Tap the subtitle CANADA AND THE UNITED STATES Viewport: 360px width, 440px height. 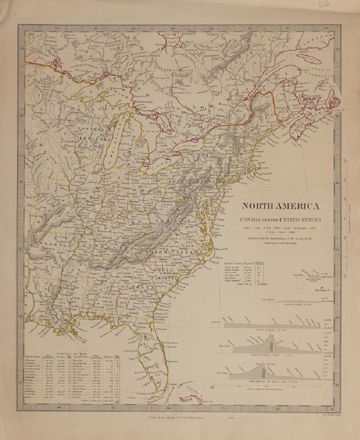click(280, 219)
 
